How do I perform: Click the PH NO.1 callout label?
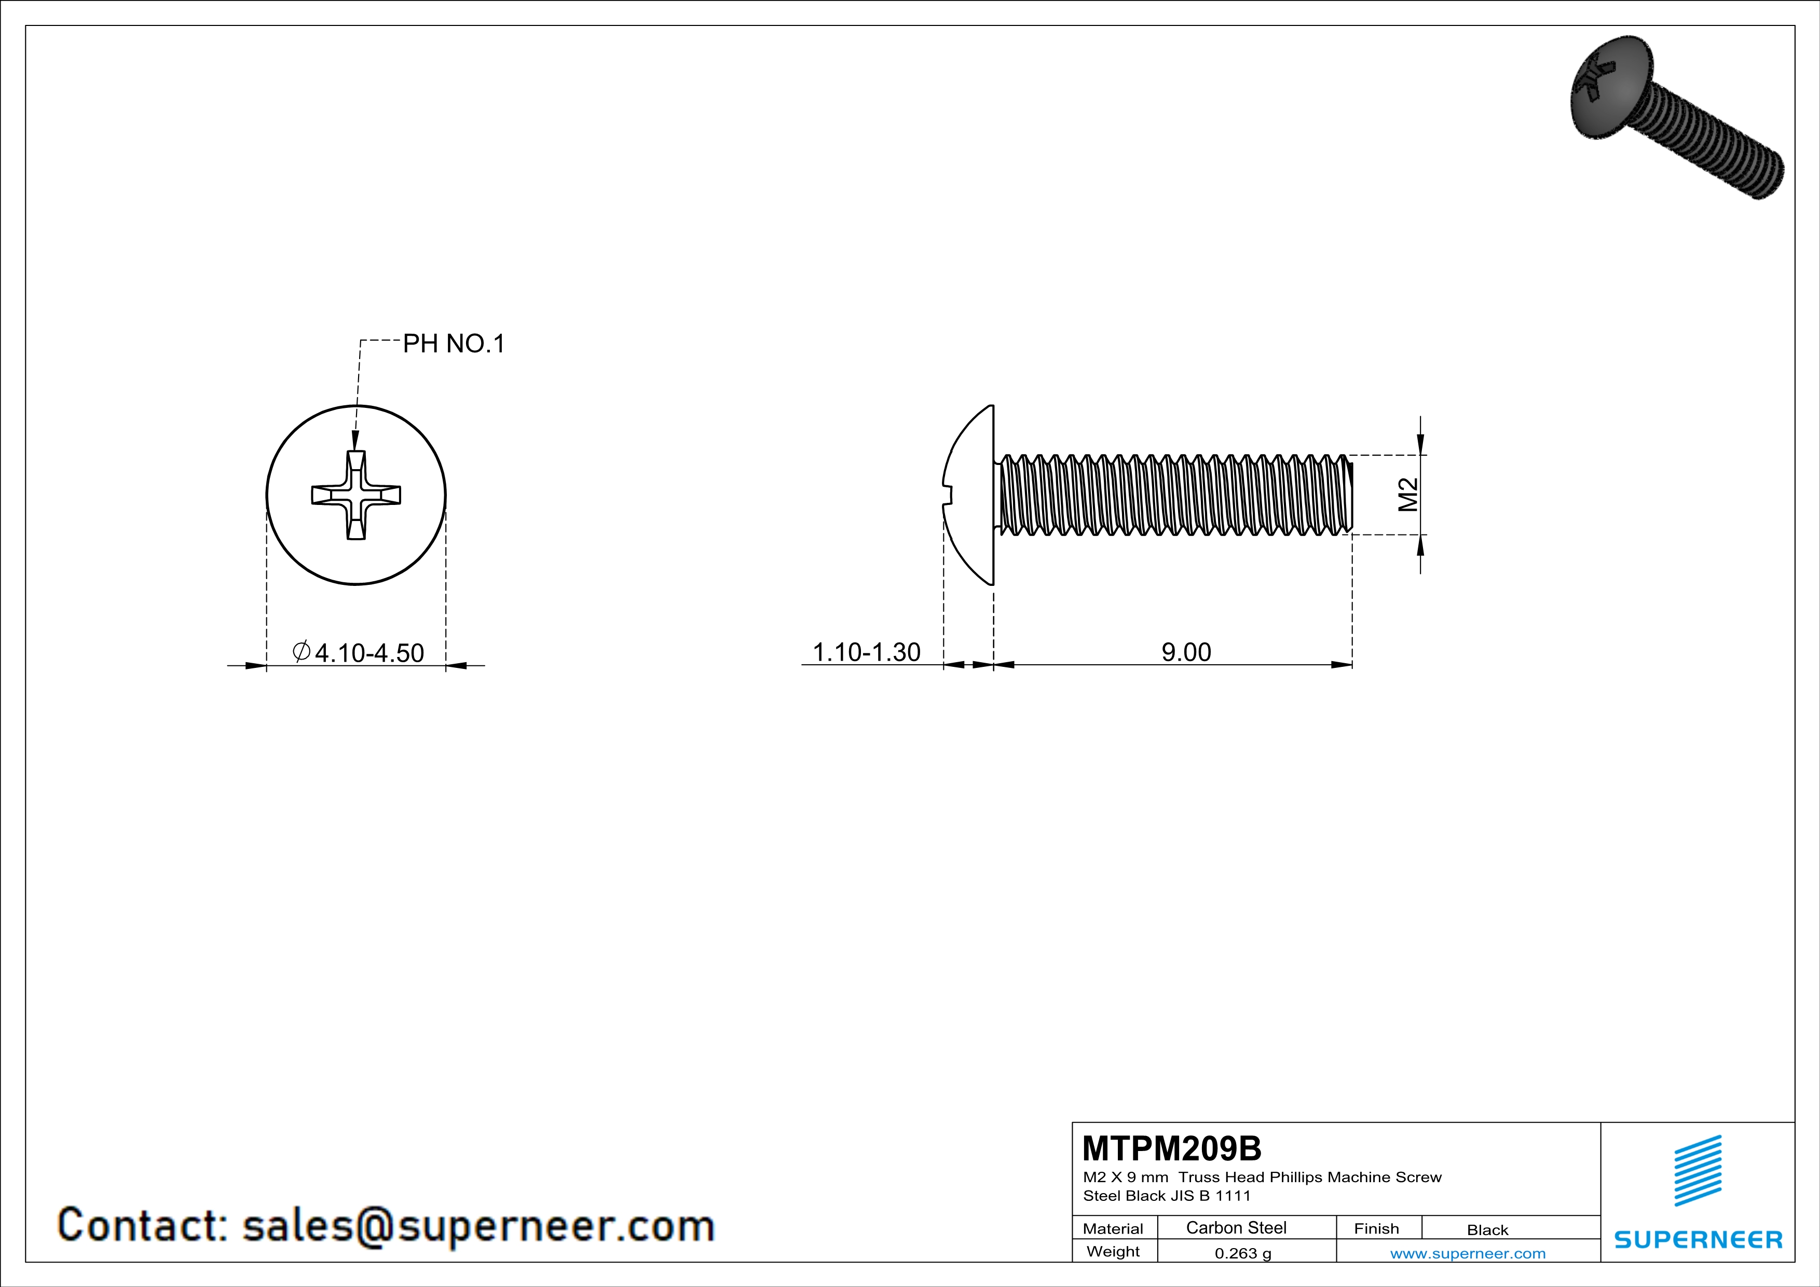point(454,344)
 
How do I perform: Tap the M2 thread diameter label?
point(1408,495)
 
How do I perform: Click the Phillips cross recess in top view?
point(356,495)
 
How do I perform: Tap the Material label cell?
point(1113,1228)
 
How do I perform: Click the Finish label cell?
point(1376,1228)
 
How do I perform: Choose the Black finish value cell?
point(1487,1230)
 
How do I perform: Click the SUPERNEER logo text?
point(1698,1239)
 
